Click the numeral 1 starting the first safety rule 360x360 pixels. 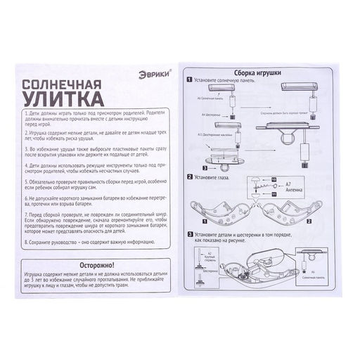[x=25, y=112]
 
